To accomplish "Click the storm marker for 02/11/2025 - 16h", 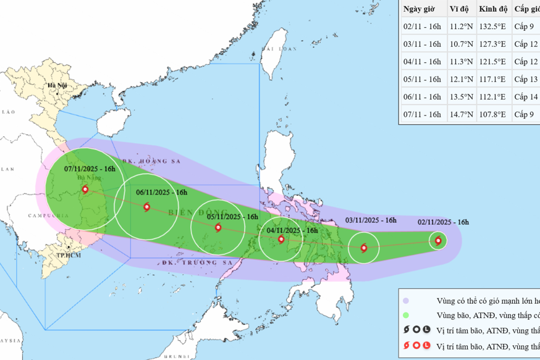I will (x=438, y=241).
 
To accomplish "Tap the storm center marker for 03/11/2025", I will (x=363, y=248).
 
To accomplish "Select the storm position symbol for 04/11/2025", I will (x=281, y=239).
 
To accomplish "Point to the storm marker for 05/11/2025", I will (x=218, y=227).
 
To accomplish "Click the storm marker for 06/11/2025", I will (x=146, y=207).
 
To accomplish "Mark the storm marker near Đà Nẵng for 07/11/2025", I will (x=85, y=190).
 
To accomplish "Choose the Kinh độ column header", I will (x=493, y=9).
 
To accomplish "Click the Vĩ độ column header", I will (x=459, y=9).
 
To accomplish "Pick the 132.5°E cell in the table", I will (x=492, y=27).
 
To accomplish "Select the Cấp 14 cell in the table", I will (x=526, y=97).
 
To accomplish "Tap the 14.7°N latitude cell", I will (x=461, y=114).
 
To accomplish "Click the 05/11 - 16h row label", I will (x=422, y=80).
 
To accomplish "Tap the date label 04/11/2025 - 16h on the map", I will (x=292, y=230).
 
